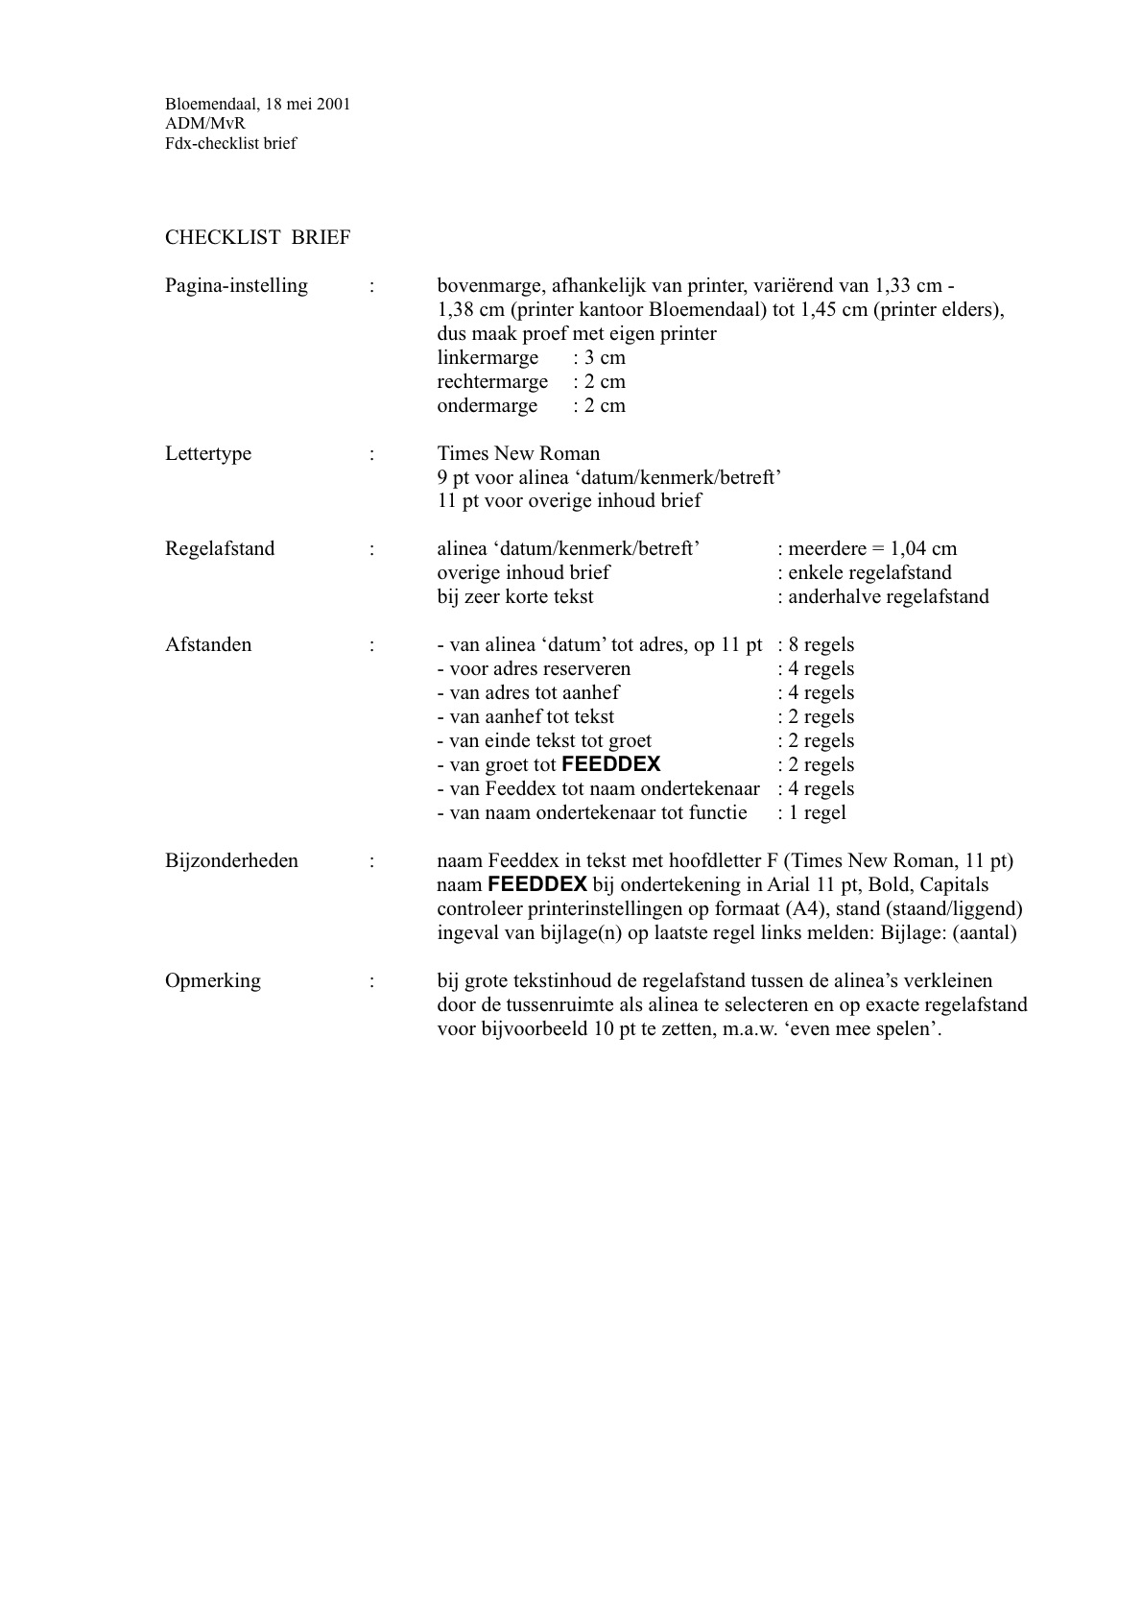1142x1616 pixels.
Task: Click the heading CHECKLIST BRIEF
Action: tap(257, 238)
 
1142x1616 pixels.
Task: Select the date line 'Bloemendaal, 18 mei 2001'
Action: tap(257, 104)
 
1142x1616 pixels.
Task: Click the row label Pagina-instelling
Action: tap(236, 286)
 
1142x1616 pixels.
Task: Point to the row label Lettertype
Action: tap(208, 454)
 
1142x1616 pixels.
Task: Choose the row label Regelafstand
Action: tap(220, 549)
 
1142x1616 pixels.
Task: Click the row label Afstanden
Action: tap(209, 645)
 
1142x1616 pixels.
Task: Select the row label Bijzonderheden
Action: tap(231, 861)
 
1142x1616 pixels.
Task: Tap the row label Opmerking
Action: tap(213, 981)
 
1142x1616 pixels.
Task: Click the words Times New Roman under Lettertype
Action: tap(518, 454)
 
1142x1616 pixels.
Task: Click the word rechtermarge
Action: tap(492, 382)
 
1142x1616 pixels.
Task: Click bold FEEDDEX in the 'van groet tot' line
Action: tap(611, 765)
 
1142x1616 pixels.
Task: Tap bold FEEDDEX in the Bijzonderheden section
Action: tap(537, 884)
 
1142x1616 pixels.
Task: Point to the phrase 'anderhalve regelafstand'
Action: tap(888, 597)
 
